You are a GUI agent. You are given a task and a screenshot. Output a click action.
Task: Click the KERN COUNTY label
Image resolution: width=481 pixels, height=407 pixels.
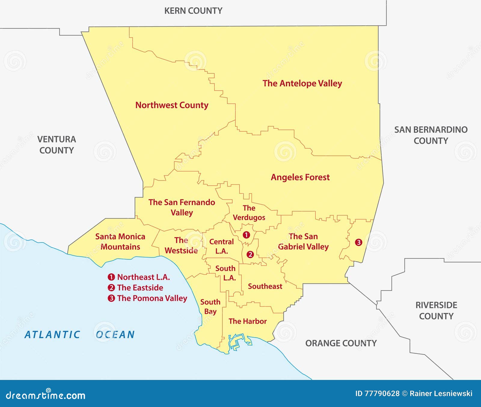tap(193, 11)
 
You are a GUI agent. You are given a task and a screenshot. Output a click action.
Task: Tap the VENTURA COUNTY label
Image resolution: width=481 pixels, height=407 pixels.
tap(57, 145)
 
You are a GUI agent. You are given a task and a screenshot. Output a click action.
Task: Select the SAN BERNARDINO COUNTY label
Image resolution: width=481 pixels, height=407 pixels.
tap(430, 135)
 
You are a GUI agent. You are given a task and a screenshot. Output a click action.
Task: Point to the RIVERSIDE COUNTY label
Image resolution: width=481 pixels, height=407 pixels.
tap(436, 310)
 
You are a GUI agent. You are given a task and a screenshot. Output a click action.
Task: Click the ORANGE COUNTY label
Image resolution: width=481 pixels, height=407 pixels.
tap(341, 343)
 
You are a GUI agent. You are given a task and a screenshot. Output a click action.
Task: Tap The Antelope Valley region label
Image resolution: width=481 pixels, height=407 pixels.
tap(302, 83)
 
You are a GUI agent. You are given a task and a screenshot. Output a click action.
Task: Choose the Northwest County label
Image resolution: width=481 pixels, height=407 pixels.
tap(172, 105)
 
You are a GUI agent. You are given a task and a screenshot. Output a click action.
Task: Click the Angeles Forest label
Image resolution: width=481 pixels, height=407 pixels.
tap(300, 177)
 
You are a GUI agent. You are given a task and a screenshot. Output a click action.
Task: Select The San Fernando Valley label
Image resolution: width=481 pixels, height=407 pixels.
tap(182, 207)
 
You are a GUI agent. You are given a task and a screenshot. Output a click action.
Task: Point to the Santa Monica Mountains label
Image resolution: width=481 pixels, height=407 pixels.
tap(120, 242)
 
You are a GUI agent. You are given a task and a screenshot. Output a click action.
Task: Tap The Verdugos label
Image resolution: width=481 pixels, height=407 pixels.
tap(249, 213)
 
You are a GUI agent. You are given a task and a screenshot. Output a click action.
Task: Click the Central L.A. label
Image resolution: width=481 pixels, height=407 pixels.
tap(221, 246)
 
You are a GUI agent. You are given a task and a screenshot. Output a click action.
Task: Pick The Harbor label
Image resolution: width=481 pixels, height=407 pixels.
tap(247, 321)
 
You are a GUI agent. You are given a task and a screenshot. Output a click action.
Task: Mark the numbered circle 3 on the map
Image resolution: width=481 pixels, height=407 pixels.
tap(358, 242)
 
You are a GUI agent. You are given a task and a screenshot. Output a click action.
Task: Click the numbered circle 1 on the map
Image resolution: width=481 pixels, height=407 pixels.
tap(246, 235)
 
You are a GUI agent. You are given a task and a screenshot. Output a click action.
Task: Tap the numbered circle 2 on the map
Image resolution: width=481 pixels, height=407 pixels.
tap(250, 254)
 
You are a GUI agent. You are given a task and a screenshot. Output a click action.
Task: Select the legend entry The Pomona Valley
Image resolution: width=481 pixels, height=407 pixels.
tap(148, 298)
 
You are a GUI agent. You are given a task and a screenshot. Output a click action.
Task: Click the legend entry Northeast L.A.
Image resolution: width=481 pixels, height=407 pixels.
tap(139, 277)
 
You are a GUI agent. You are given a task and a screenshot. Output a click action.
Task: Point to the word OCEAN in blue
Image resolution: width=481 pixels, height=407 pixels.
tap(115, 335)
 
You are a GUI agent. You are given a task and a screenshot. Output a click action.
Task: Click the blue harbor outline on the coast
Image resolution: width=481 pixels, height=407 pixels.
tap(237, 341)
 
